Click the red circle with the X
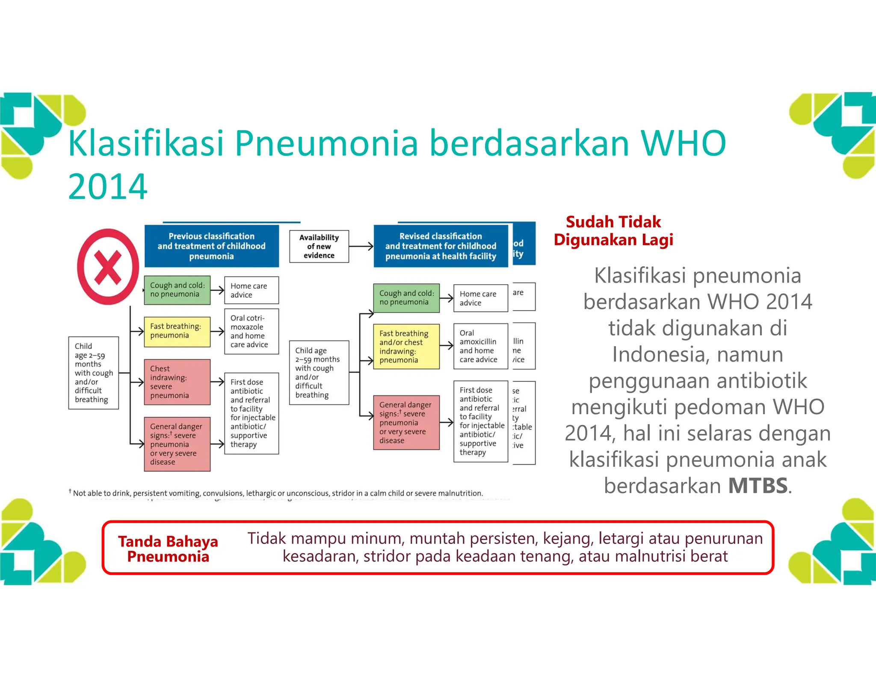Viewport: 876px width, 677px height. coord(108,267)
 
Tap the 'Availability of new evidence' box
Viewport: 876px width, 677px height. coord(319,246)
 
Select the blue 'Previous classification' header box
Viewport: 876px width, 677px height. coord(211,246)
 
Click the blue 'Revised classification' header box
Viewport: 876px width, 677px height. coord(441,246)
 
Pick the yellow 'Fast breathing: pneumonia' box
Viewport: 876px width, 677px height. coord(177,331)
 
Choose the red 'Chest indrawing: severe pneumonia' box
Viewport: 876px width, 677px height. coord(177,382)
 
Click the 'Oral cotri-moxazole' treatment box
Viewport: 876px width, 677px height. coord(251,331)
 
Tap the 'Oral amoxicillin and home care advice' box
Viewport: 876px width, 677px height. coord(480,346)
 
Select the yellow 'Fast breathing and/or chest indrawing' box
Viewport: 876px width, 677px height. coord(406,346)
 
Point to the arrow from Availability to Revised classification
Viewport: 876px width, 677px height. coord(361,246)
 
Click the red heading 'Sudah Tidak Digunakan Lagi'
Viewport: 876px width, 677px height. coord(613,231)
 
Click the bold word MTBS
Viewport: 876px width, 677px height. coord(758,486)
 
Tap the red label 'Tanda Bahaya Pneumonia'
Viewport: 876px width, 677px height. coord(168,549)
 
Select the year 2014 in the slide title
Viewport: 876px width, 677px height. coord(108,187)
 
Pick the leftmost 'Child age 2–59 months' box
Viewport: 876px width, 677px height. coord(93,373)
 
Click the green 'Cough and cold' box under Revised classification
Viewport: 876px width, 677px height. coord(406,298)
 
